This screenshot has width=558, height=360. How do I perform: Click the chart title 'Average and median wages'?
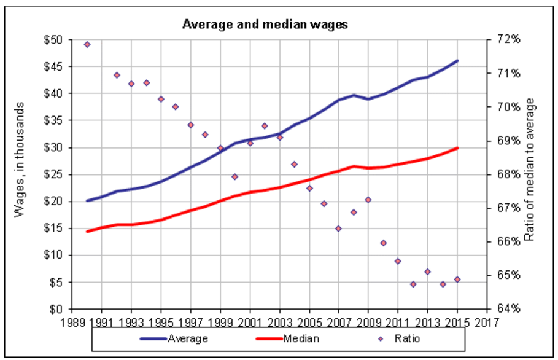click(265, 25)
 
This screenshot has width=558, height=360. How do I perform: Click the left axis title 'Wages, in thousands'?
click(20, 174)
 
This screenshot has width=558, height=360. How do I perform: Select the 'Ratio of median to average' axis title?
click(532, 174)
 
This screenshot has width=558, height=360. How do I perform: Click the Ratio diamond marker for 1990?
click(87, 44)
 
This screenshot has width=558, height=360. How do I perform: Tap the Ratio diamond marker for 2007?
click(338, 229)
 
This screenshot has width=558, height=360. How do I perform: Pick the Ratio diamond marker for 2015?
click(457, 280)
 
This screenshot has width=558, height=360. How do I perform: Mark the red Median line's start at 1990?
click(87, 232)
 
